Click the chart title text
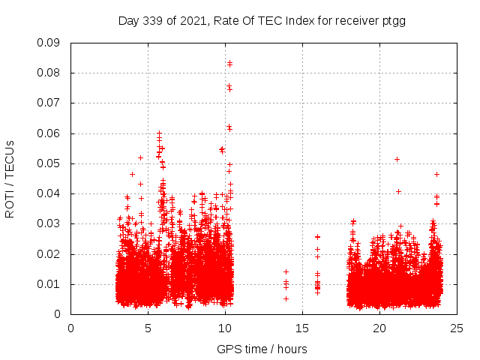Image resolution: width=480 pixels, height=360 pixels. point(262,20)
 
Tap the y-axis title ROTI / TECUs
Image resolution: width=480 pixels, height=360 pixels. point(10,178)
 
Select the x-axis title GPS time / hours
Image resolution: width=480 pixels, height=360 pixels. point(262,349)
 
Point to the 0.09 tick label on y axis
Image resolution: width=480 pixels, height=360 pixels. point(49,43)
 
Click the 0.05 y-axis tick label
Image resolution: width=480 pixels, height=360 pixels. point(49,163)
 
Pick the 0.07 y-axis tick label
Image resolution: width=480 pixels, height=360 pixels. point(49,103)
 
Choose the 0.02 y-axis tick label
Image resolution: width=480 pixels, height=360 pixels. point(49,253)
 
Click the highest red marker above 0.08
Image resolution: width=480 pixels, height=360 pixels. point(229,63)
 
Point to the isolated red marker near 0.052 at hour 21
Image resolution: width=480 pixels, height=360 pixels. point(397,159)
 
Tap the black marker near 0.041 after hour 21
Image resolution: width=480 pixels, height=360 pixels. point(398,191)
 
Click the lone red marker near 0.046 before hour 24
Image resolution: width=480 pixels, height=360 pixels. point(436,174)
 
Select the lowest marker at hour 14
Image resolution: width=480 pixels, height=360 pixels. point(286,298)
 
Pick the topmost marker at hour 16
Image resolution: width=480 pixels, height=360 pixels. point(317,237)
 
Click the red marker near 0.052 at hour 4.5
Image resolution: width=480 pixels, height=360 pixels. point(140,157)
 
